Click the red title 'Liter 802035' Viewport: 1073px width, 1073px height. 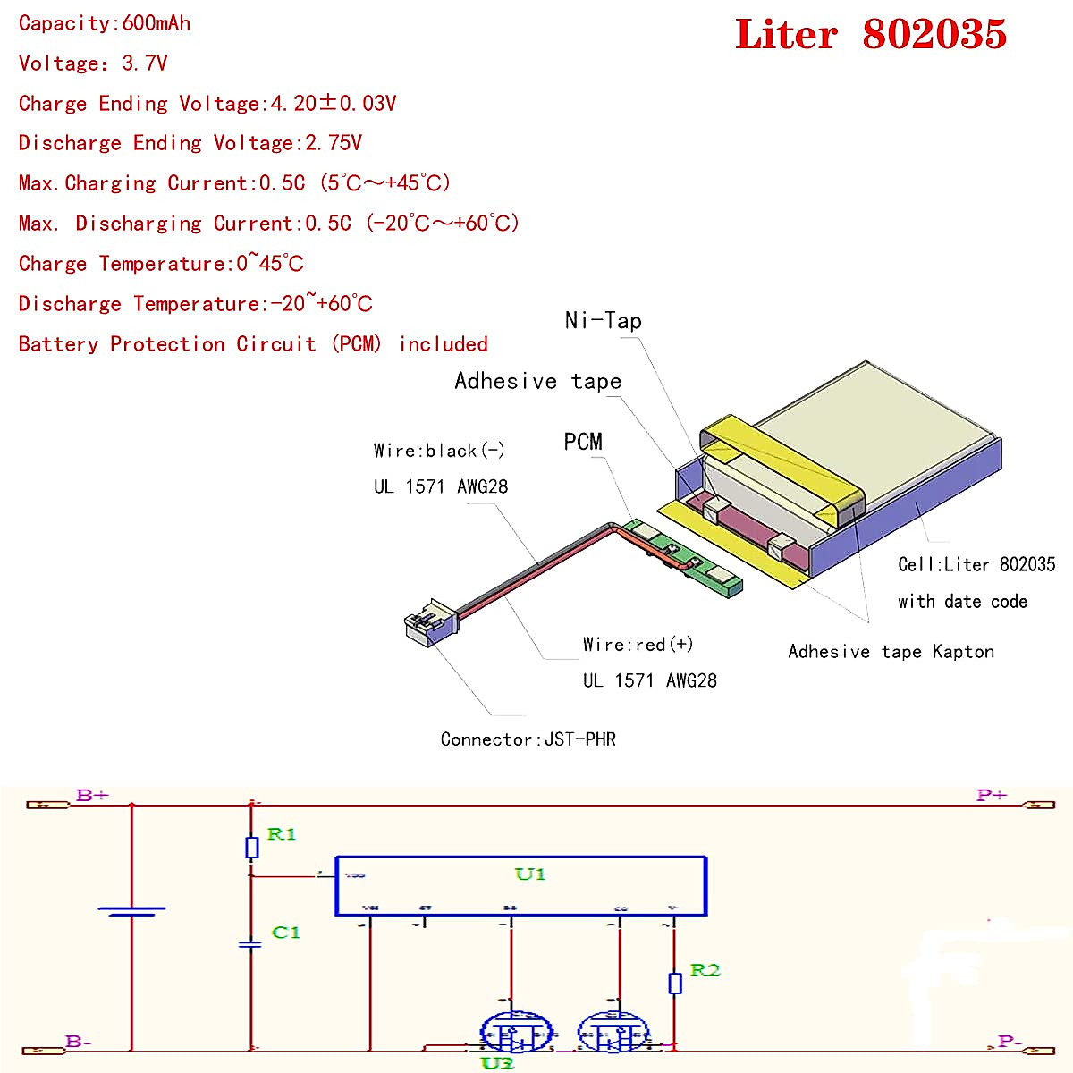click(870, 35)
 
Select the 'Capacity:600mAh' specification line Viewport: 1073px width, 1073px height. click(105, 23)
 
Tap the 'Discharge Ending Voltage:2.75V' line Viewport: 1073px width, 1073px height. click(190, 143)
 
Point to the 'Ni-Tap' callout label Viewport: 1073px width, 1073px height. click(603, 320)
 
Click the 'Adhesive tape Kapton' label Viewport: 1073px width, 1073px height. click(891, 652)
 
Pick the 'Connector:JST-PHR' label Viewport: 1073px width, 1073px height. click(528, 739)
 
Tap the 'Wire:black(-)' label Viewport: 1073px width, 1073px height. click(439, 451)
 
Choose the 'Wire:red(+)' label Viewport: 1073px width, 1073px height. click(638, 645)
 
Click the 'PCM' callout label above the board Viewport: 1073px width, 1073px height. click(583, 442)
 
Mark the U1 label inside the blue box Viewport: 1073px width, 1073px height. click(529, 874)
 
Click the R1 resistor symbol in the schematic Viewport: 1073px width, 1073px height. click(252, 847)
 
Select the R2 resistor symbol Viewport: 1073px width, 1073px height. click(675, 983)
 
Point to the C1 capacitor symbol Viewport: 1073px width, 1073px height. click(251, 944)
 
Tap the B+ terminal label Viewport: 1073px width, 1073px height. click(92, 795)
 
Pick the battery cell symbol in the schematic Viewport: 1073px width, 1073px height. click(131, 911)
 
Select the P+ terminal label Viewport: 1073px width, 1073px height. click(992, 795)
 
